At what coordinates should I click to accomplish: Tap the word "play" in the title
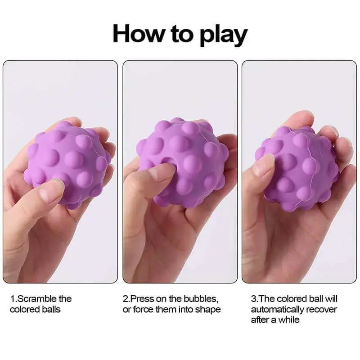point(223,35)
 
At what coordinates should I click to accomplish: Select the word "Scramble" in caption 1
point(37,299)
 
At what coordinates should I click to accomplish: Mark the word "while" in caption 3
point(289,319)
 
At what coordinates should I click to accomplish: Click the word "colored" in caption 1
point(25,310)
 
